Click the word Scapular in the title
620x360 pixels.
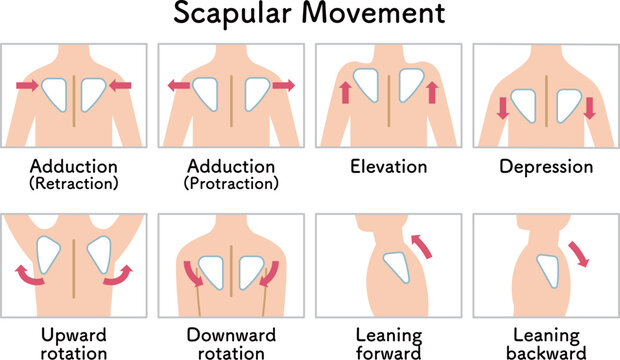(232, 17)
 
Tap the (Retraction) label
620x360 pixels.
(74, 183)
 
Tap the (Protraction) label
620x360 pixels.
(231, 183)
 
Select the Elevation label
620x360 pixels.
(386, 167)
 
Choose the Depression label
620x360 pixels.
(545, 167)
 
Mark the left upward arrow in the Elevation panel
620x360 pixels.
(345, 94)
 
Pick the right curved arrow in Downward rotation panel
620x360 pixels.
(270, 273)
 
